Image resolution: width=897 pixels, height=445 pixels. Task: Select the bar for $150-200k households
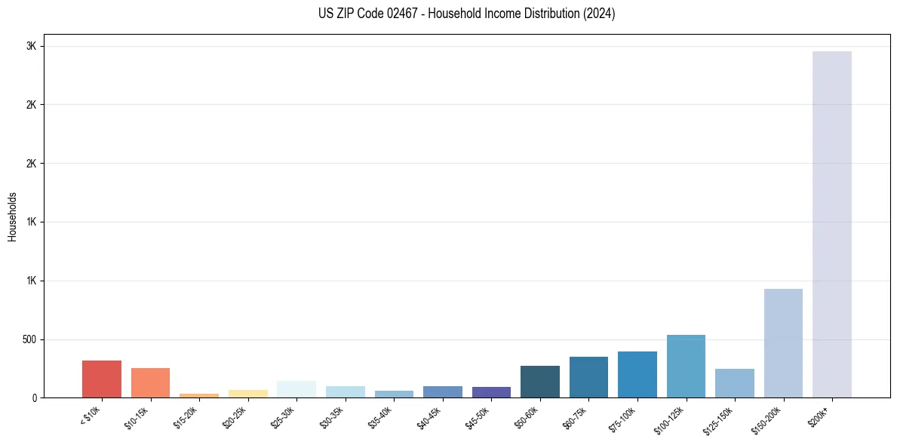[783, 343]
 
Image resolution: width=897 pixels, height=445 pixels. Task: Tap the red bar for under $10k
[102, 379]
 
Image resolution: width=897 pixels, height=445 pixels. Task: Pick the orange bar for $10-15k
[150, 382]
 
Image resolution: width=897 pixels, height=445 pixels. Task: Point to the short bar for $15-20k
[199, 395]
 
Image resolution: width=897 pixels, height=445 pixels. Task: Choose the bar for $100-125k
[686, 366]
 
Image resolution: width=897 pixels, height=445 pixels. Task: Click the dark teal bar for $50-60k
[540, 382]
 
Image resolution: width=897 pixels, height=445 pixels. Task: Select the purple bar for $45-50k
[491, 392]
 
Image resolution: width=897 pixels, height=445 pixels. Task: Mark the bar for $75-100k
[637, 374]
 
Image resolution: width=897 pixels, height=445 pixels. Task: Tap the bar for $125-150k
[735, 383]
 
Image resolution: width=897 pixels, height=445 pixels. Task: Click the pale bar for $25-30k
[296, 389]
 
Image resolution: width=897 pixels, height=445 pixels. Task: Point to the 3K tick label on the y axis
[31, 46]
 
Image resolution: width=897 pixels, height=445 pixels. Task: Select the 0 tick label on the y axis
[34, 398]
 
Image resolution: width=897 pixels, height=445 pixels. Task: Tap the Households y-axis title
[13, 216]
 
